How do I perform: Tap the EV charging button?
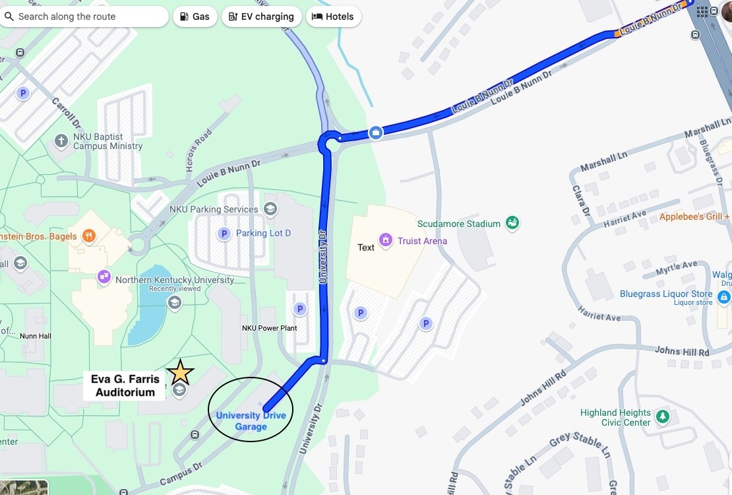pyautogui.click(x=261, y=16)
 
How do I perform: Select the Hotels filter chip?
pyautogui.click(x=334, y=16)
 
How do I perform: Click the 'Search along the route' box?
pyautogui.click(x=84, y=16)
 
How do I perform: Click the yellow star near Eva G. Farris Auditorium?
pyautogui.click(x=180, y=373)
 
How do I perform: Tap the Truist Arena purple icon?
pyautogui.click(x=385, y=240)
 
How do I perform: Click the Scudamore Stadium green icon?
pyautogui.click(x=512, y=224)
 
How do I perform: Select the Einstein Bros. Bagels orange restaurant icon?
pyautogui.click(x=90, y=236)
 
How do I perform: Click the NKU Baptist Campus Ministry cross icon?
pyautogui.click(x=61, y=141)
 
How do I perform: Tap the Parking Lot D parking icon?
pyautogui.click(x=224, y=234)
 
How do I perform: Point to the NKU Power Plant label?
pyautogui.click(x=269, y=328)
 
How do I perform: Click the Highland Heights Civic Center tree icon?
pyautogui.click(x=663, y=417)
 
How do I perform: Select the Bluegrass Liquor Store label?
pyautogui.click(x=666, y=294)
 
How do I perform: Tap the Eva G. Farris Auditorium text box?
pyautogui.click(x=125, y=386)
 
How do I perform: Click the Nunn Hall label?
pyautogui.click(x=36, y=336)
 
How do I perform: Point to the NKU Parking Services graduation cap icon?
pyautogui.click(x=270, y=209)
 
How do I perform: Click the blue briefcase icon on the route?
pyautogui.click(x=375, y=133)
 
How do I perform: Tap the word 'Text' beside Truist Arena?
pyautogui.click(x=366, y=247)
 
